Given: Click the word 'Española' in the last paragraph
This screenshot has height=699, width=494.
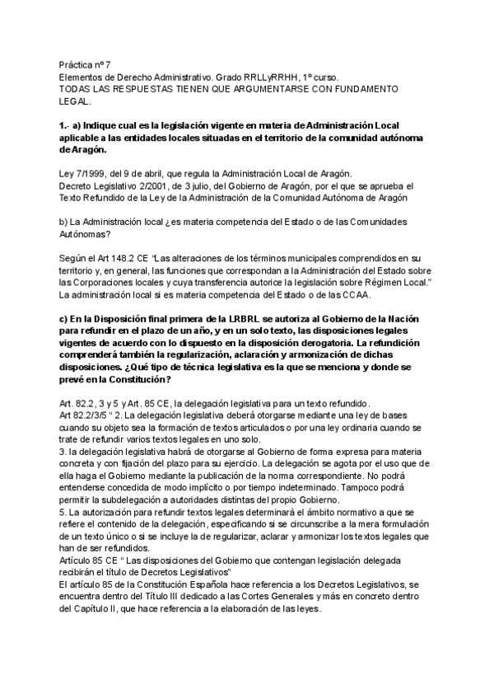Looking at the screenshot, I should [209, 584].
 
